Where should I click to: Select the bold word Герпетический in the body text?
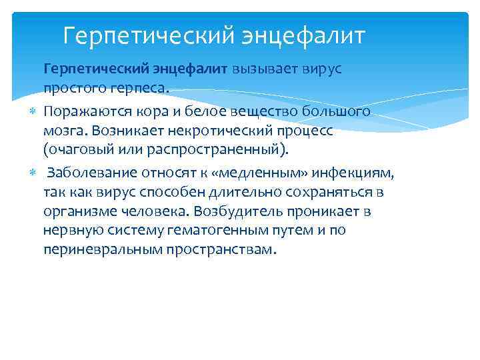[93, 69]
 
